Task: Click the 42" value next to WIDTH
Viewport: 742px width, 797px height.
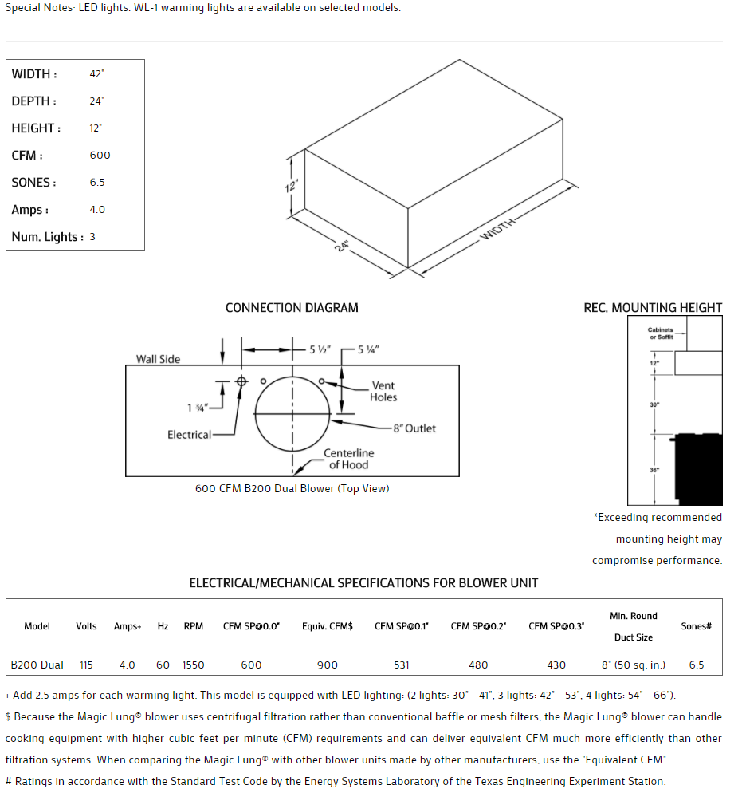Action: (96, 74)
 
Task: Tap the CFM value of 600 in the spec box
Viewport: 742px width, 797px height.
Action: (100, 156)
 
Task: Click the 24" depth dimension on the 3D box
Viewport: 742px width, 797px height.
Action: (342, 246)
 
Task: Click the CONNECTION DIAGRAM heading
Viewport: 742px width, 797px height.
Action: (292, 308)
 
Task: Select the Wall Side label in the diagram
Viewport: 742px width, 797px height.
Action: (158, 359)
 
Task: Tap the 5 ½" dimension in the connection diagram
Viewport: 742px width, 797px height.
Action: (319, 349)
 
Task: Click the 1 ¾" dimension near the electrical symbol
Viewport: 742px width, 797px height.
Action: (197, 408)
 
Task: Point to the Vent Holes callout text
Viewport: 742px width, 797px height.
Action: (383, 391)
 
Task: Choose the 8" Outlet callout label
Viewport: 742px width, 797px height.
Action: (414, 428)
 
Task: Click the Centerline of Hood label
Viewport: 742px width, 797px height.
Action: (348, 459)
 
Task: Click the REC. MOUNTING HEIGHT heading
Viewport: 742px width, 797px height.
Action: (653, 308)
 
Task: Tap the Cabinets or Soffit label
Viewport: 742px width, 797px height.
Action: (660, 333)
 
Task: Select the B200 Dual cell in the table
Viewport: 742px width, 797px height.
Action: (37, 665)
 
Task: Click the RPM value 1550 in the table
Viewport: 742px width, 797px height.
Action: (193, 665)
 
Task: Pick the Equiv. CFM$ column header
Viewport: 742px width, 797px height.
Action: (327, 626)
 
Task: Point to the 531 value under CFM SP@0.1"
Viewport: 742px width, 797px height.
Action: (402, 665)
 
